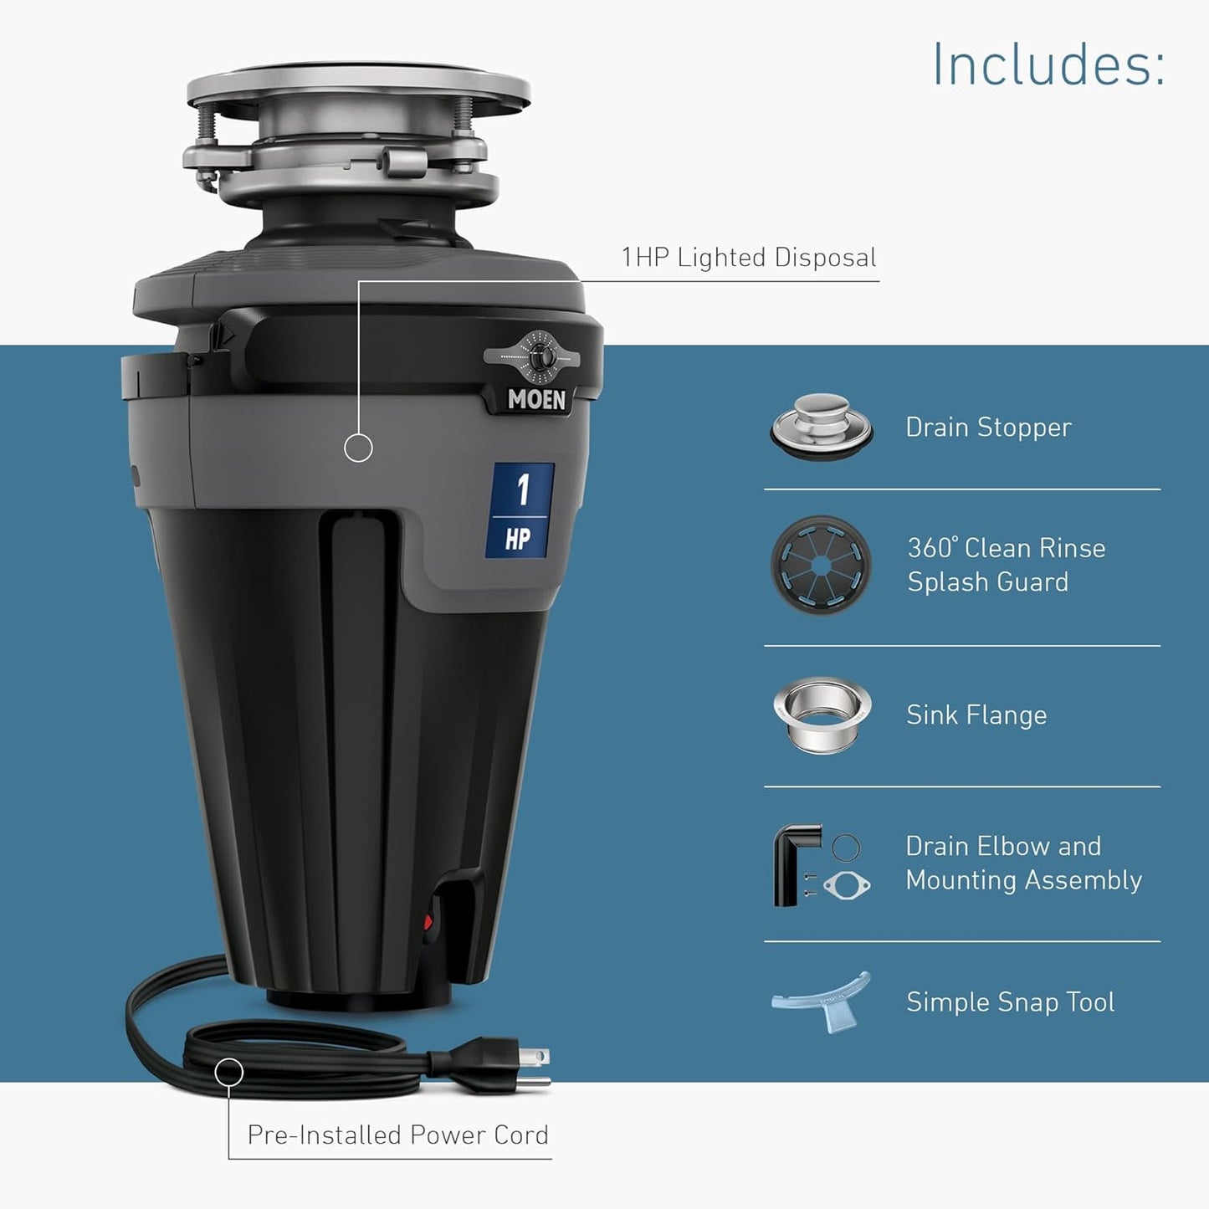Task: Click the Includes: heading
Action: [1048, 64]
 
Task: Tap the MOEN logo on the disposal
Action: [536, 400]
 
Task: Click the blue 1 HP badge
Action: [520, 510]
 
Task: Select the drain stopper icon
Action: [822, 427]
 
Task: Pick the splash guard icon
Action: [821, 566]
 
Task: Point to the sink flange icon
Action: [822, 715]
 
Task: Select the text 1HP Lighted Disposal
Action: [749, 258]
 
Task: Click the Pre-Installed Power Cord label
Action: [397, 1135]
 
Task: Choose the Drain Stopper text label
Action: [988, 427]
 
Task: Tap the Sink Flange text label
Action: [976, 715]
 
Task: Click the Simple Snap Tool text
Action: [1010, 1002]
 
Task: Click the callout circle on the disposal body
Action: [358, 448]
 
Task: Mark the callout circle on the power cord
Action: [228, 1072]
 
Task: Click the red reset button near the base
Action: [428, 923]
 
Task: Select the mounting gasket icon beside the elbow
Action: [847, 884]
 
